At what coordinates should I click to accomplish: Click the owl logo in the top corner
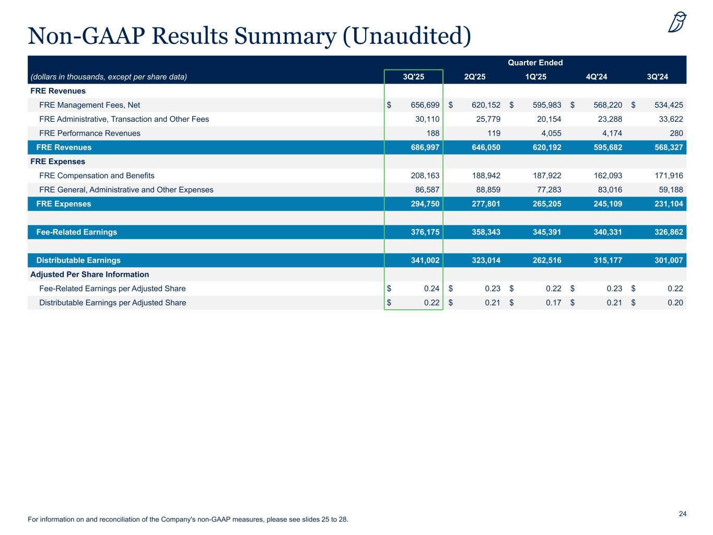pyautogui.click(x=677, y=22)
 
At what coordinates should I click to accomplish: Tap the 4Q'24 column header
pyautogui.click(x=597, y=77)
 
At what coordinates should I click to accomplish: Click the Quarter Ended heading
pyautogui.click(x=535, y=63)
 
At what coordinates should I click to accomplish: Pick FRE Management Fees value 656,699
pyautogui.click(x=422, y=105)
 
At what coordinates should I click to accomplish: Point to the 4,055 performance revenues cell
pyautogui.click(x=551, y=133)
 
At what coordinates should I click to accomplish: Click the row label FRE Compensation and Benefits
pyautogui.click(x=97, y=176)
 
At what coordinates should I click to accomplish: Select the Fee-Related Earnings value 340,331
pyautogui.click(x=604, y=232)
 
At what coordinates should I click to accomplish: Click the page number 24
pyautogui.click(x=682, y=514)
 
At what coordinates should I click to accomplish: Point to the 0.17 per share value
pyautogui.click(x=553, y=303)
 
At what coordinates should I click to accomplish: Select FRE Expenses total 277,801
pyautogui.click(x=482, y=204)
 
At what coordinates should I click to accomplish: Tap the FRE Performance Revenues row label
pyautogui.click(x=90, y=133)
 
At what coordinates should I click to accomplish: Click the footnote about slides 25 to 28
pyautogui.click(x=188, y=519)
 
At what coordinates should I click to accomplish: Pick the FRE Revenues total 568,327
pyautogui.click(x=665, y=147)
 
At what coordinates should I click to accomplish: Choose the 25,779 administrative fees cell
pyautogui.click(x=485, y=119)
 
